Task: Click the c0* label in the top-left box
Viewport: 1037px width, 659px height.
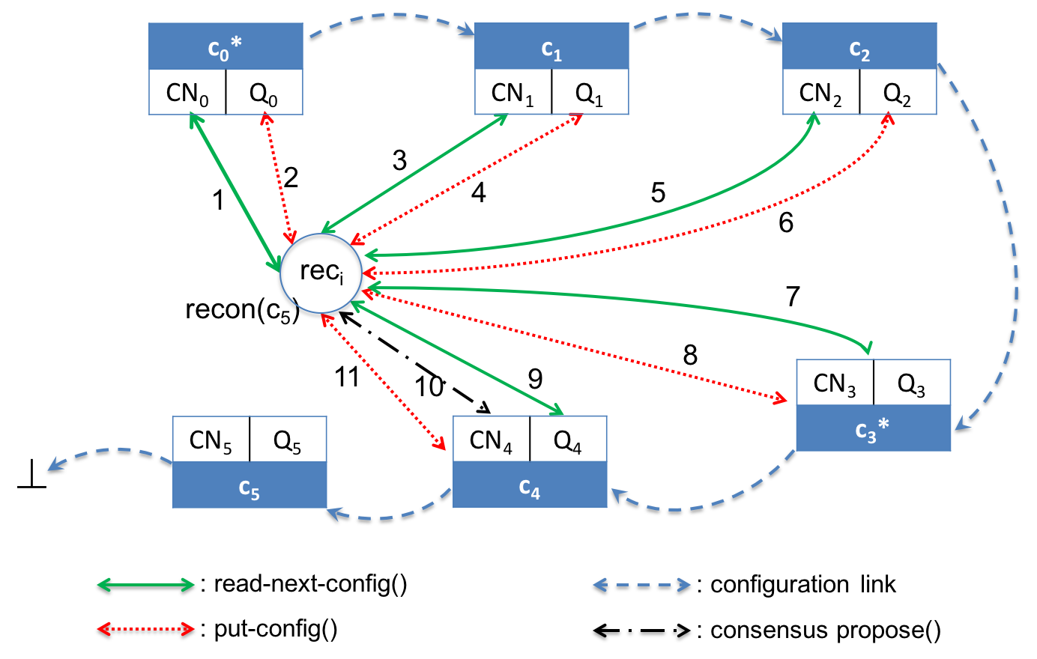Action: click(x=225, y=49)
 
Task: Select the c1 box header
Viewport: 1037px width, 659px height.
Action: click(x=551, y=47)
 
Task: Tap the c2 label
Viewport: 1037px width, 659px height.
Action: click(x=859, y=49)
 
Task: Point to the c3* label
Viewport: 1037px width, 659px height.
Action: click(x=871, y=430)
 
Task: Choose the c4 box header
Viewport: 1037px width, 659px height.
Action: click(x=530, y=486)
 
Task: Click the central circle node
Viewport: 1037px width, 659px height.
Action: click(x=321, y=273)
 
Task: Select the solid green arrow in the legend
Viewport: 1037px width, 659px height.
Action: click(x=146, y=585)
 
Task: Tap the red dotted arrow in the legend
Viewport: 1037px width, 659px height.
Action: click(x=146, y=628)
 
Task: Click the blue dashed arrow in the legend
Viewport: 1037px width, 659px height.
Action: click(x=642, y=585)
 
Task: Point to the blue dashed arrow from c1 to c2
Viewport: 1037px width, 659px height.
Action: click(x=704, y=14)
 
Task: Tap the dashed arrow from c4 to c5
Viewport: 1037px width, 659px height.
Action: click(x=390, y=516)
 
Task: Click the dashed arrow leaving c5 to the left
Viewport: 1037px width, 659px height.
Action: click(x=112, y=450)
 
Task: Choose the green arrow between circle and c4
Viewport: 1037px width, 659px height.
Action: click(x=457, y=358)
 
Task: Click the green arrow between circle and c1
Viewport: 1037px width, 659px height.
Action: click(x=414, y=174)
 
